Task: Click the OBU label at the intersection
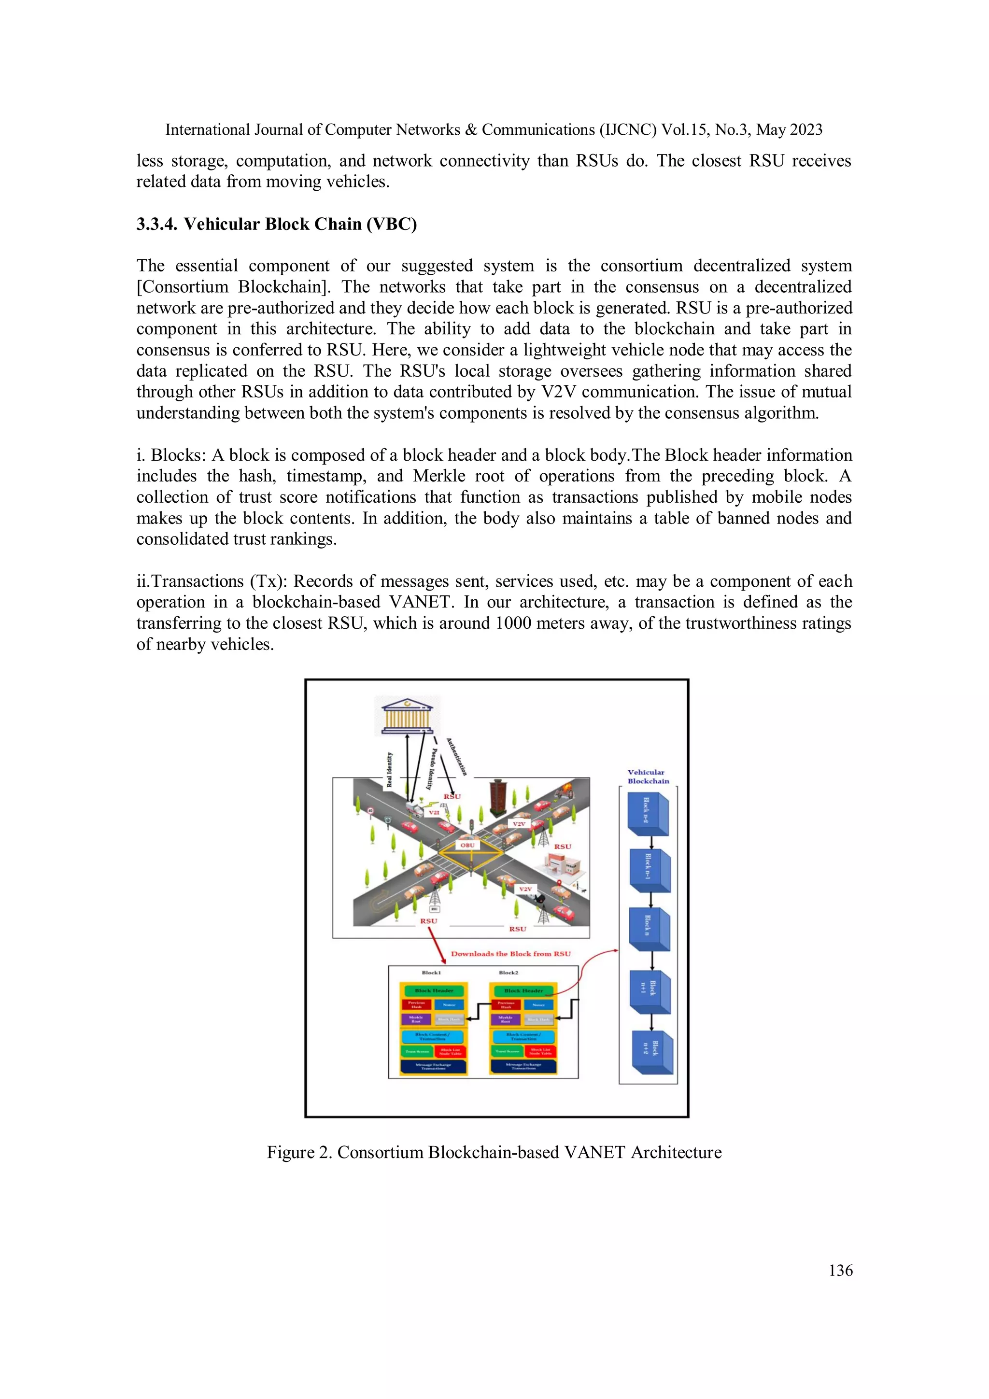pos(467,845)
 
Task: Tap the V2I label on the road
pos(434,812)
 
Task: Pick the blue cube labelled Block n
pos(649,929)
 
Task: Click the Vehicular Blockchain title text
pos(648,776)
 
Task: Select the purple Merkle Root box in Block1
pos(416,1019)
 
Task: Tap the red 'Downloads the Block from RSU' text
pos(510,954)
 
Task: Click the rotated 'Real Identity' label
pos(389,769)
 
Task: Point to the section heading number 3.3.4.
pos(156,224)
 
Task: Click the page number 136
pos(840,1270)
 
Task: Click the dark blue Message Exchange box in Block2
pos(523,1066)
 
